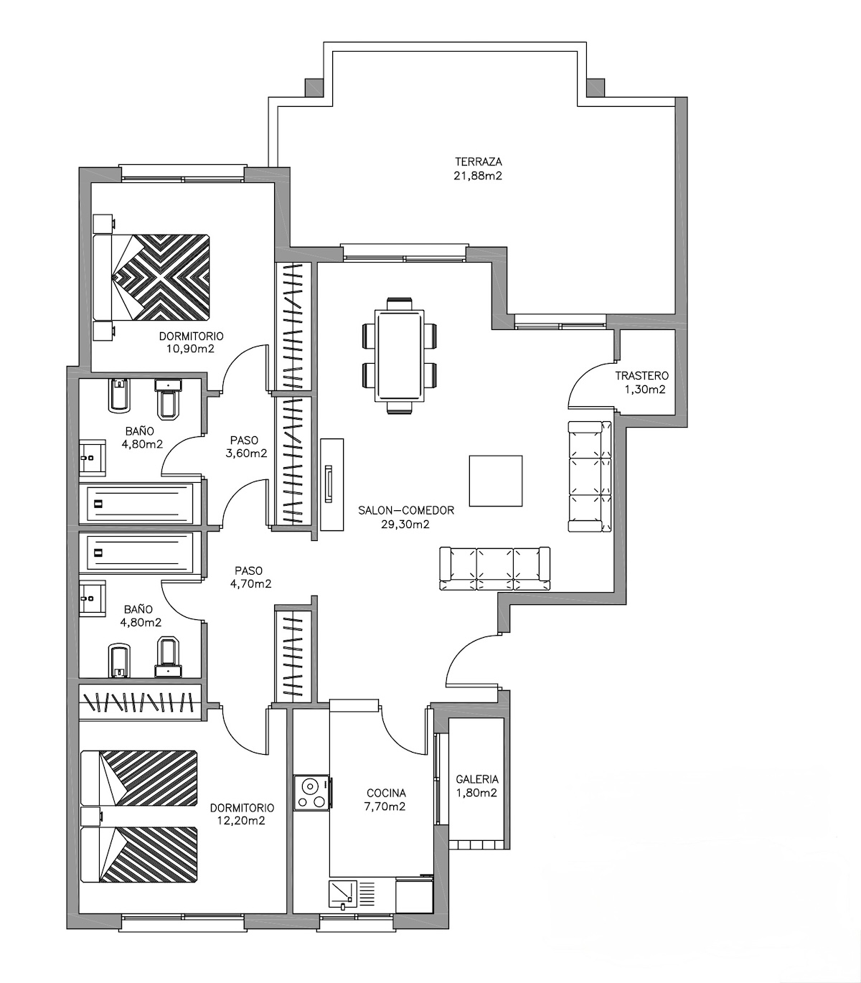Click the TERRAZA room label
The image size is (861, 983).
point(478,162)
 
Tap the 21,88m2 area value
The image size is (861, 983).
point(478,176)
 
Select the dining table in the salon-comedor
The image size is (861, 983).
point(399,356)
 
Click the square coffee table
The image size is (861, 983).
point(495,481)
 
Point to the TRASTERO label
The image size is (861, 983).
point(642,376)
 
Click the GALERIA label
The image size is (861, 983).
point(477,779)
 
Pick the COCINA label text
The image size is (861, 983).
point(386,793)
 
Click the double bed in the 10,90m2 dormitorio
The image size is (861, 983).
point(152,277)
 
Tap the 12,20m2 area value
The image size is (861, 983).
point(241,821)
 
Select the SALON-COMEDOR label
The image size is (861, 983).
point(406,510)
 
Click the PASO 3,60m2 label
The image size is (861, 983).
point(246,446)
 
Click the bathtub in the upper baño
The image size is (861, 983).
point(140,504)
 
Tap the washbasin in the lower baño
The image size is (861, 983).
point(93,598)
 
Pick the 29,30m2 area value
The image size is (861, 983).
point(405,525)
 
